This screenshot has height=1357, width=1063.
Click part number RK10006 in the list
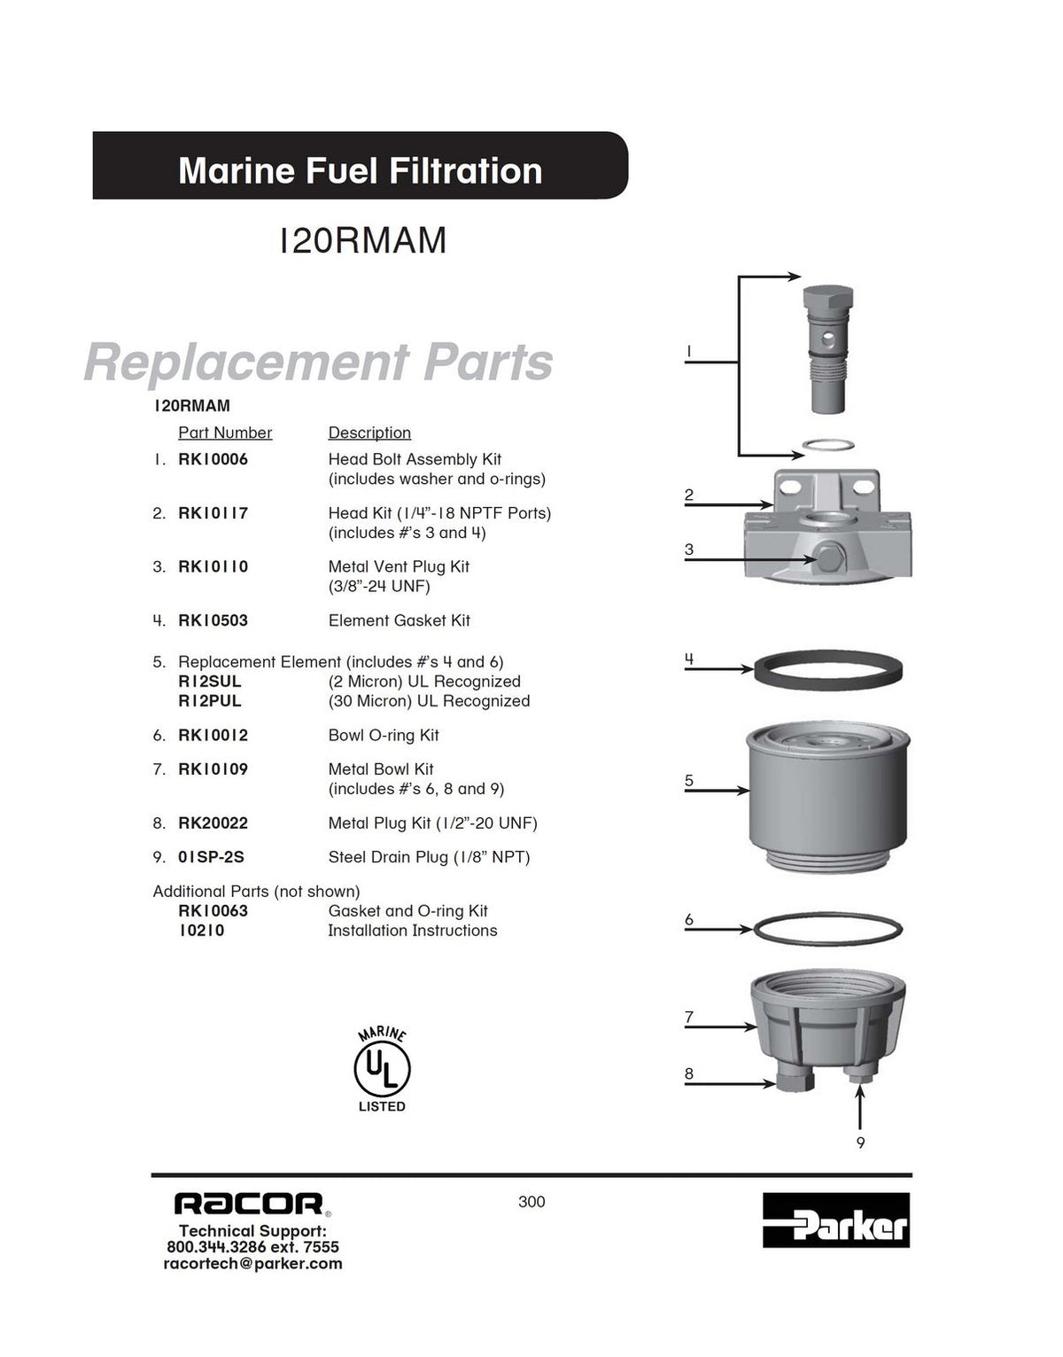coord(213,459)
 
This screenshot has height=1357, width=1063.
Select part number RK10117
coord(213,512)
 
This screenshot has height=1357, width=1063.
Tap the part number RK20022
coord(213,823)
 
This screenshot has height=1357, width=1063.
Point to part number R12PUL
coord(210,701)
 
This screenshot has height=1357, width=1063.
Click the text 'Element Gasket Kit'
coord(400,620)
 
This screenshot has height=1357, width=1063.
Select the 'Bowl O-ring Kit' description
coord(384,735)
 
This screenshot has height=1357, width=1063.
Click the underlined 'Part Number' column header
coord(225,433)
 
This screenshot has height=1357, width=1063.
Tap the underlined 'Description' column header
coord(369,433)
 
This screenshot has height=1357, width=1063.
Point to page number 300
coord(531,1202)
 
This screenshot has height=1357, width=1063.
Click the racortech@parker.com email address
coord(252,1264)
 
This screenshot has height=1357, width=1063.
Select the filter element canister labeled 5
coord(828,798)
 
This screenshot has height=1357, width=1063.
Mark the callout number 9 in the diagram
coord(860,1143)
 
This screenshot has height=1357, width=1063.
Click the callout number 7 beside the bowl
coord(688,1018)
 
